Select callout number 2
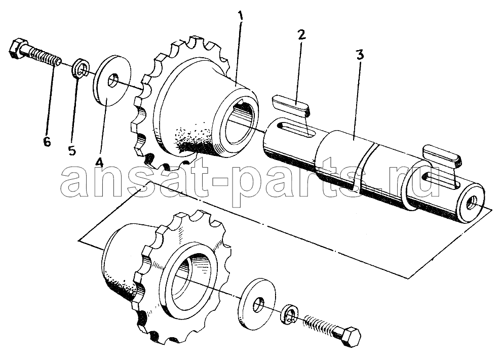[x=301, y=34]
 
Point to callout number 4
[x=99, y=162]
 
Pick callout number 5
[x=72, y=150]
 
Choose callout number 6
[x=47, y=141]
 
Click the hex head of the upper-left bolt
[x=17, y=49]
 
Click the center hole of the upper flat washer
[x=112, y=81]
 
